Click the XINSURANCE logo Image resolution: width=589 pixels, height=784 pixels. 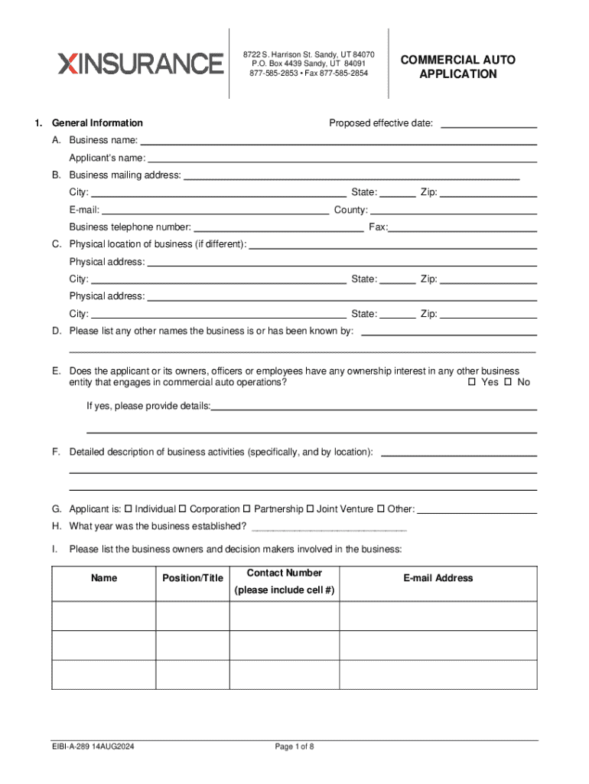pos(141,64)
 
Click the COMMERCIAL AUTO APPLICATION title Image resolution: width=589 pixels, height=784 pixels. pos(458,67)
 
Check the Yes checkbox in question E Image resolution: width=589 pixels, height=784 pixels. pos(472,382)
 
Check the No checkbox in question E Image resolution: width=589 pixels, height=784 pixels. pos(507,382)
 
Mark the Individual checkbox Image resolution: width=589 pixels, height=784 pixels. pos(129,509)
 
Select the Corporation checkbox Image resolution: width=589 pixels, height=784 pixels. pos(183,509)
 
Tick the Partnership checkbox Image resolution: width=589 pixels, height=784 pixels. pos(247,509)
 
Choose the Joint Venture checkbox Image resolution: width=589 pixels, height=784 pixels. pos(310,509)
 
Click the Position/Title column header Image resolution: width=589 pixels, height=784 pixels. pos(193,578)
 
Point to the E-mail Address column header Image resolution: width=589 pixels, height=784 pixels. pos(438,578)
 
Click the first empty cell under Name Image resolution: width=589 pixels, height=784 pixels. pos(104,616)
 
